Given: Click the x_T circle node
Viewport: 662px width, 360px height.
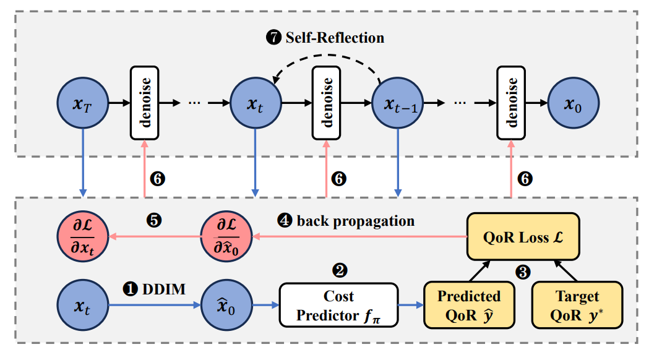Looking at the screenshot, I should [82, 103].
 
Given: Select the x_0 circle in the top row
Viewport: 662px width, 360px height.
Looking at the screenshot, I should [574, 103].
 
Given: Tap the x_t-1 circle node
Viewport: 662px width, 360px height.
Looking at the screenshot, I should [397, 103].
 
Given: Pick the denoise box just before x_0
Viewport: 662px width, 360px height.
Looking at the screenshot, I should [512, 103].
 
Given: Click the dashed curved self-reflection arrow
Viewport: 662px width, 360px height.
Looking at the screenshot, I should [328, 59].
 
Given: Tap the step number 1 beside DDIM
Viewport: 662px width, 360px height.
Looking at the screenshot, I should [131, 288].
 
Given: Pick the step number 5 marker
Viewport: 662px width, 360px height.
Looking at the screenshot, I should [154, 220].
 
